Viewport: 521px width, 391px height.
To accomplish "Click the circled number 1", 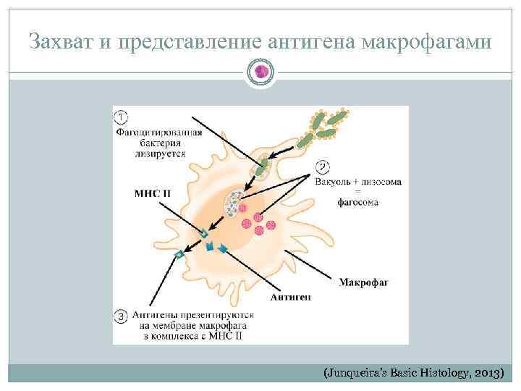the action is (122, 117).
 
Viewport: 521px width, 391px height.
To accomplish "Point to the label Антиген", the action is (291, 297).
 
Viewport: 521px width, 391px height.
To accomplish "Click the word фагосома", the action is (357, 203).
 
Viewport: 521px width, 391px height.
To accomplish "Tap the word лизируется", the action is (159, 154).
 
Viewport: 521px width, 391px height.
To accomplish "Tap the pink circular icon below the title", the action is (260, 71).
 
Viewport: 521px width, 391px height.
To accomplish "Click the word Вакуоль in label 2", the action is (334, 182).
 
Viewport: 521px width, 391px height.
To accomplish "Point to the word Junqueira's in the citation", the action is (352, 373).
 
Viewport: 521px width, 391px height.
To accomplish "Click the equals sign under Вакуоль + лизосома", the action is (357, 192).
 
